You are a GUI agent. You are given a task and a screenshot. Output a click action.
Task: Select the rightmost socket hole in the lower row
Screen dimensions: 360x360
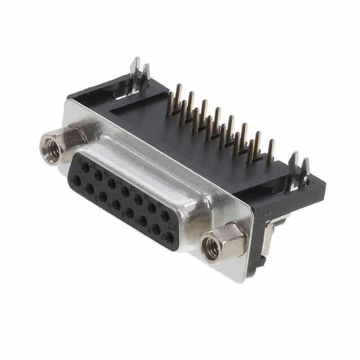169,238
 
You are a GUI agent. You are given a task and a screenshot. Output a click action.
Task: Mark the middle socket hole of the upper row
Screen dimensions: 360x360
125,191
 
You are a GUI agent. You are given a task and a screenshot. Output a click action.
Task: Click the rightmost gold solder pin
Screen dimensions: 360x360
271,151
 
